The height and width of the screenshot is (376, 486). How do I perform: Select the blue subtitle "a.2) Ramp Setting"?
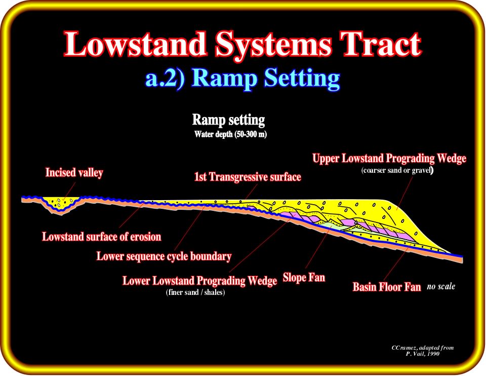242,78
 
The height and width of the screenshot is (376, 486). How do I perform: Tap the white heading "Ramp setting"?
228,120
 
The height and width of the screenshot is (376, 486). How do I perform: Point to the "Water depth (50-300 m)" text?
230,134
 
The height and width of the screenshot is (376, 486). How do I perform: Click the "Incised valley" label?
74,172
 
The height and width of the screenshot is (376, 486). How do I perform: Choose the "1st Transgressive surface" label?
248,177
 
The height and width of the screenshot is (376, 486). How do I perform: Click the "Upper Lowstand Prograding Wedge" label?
389,159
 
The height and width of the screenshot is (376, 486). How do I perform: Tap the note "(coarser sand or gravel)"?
397,170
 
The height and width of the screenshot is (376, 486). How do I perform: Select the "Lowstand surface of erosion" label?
102,237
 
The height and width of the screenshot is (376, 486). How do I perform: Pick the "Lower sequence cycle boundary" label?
164,256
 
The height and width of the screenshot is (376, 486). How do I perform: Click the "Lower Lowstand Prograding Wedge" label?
199,281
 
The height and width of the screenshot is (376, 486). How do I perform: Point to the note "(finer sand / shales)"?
195,292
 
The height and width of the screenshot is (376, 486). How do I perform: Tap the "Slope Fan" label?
304,277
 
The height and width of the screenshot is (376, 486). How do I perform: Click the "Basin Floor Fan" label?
387,287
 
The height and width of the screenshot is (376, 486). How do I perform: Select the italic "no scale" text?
441,286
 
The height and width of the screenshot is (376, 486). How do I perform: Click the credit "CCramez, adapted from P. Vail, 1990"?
422,351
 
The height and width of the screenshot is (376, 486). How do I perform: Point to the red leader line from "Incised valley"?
69,191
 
